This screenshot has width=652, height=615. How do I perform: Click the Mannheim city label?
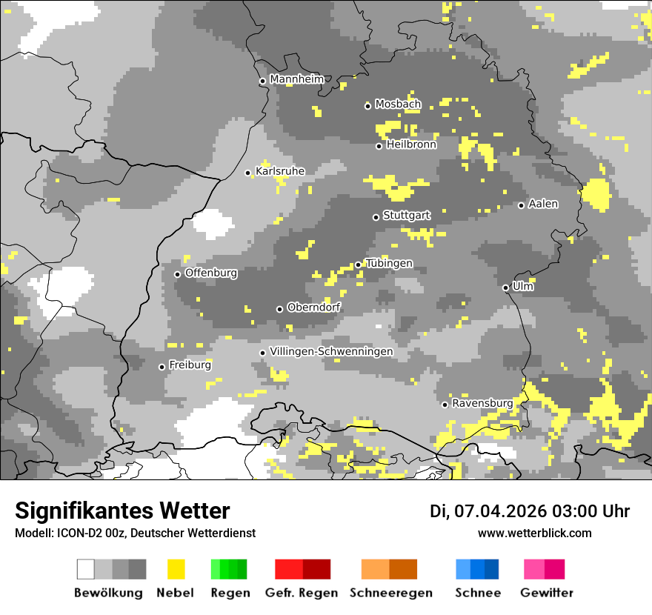(297, 79)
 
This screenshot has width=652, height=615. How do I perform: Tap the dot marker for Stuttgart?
(376, 217)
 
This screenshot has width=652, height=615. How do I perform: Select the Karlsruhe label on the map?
(280, 171)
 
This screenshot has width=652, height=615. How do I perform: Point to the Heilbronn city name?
(411, 144)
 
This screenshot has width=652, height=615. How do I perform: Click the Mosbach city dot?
(367, 106)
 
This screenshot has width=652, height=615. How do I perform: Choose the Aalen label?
(543, 204)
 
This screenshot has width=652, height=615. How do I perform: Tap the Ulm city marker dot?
(505, 288)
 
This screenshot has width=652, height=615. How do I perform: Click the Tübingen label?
(389, 264)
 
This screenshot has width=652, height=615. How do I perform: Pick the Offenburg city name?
(211, 273)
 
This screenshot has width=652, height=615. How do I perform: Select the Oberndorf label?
(314, 307)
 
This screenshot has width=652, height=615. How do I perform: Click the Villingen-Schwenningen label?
(331, 351)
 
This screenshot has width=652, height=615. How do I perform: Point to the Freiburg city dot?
(162, 367)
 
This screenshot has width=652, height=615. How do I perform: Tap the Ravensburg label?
(482, 403)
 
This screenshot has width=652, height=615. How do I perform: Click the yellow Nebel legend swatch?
(176, 569)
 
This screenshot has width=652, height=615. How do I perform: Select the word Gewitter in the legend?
(547, 593)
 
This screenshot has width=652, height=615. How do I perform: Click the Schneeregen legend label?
(391, 593)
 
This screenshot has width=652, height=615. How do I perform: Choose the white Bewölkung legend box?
(85, 569)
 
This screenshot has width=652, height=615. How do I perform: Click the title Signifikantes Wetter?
(122, 511)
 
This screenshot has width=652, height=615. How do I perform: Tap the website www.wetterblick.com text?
(535, 533)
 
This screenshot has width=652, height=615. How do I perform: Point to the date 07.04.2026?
(500, 511)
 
